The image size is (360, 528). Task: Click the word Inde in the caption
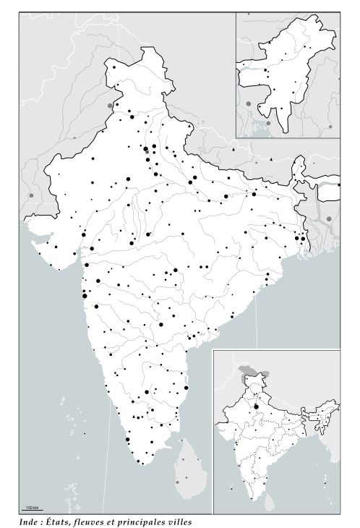(30, 521)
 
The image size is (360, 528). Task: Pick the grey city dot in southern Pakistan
(30, 195)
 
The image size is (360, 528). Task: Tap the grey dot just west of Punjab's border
(111, 106)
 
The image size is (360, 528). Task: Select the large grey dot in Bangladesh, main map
(329, 218)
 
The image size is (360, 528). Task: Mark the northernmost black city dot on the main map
(115, 67)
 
